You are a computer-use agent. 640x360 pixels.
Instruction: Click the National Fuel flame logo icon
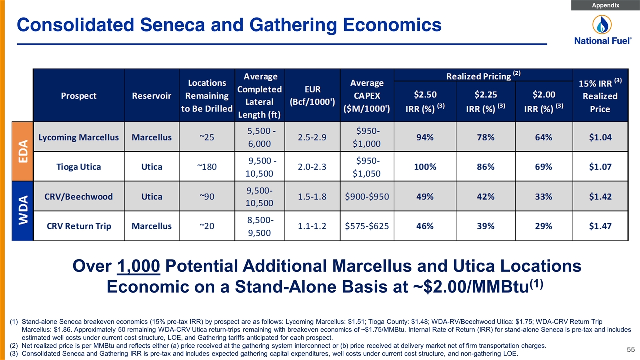(x=602, y=24)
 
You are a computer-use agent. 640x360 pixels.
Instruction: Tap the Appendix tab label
(x=605, y=5)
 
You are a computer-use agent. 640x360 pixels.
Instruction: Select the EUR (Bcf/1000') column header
(x=312, y=95)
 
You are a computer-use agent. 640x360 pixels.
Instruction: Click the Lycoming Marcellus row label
(x=78, y=137)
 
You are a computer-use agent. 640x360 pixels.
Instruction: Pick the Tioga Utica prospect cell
(x=78, y=167)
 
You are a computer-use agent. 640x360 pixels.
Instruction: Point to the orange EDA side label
(x=23, y=151)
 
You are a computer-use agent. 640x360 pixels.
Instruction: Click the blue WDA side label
(x=23, y=211)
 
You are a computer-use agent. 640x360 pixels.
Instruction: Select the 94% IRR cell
(x=425, y=137)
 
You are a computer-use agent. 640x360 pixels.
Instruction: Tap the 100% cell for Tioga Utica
(x=425, y=167)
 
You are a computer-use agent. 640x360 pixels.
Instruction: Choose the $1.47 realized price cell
(x=600, y=226)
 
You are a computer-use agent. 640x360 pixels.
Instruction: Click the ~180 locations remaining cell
(x=207, y=167)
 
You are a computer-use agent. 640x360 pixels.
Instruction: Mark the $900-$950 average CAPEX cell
(x=367, y=196)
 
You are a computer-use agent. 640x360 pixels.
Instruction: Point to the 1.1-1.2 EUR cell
(x=312, y=226)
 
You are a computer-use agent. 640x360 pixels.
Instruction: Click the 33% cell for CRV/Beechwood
(x=543, y=196)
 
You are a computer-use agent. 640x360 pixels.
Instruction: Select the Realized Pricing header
(x=483, y=76)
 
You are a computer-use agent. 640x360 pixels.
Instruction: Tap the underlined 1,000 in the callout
(x=138, y=266)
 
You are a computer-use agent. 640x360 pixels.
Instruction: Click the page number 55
(x=631, y=349)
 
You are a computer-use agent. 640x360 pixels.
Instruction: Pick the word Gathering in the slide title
(x=293, y=25)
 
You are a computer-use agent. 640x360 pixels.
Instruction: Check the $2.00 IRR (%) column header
(x=544, y=101)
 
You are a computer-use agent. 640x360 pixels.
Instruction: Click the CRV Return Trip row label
(x=79, y=226)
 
